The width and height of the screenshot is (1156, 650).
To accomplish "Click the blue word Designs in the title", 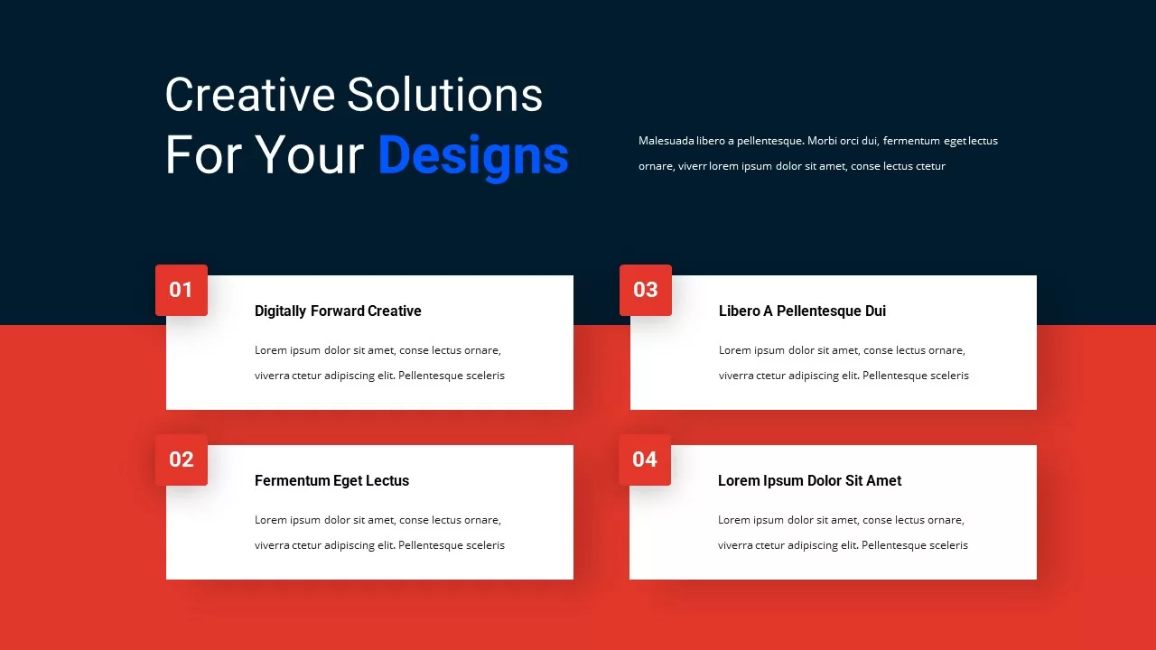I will click(472, 155).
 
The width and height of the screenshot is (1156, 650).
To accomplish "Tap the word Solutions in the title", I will click(444, 95).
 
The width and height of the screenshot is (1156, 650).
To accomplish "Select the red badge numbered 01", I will click(182, 290).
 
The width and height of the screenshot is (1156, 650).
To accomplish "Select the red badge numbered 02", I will click(182, 460).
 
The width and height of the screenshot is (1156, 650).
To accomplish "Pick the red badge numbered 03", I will click(645, 290).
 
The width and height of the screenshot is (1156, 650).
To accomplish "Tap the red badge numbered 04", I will click(645, 460).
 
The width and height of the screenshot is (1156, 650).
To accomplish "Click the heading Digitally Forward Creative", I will click(338, 311).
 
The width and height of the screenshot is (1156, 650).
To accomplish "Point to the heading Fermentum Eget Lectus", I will click(331, 481).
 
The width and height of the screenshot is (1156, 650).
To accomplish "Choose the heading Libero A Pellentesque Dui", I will click(802, 311).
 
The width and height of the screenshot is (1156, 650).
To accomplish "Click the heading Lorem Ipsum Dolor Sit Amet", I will click(809, 481).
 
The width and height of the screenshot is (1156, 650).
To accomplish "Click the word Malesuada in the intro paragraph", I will click(667, 141).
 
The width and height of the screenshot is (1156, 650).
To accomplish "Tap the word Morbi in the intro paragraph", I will click(823, 141).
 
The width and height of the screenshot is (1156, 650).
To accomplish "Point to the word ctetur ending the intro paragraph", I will click(930, 166).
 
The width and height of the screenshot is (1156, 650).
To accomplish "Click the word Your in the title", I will click(309, 155).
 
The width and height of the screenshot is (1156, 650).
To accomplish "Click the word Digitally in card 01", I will click(280, 311).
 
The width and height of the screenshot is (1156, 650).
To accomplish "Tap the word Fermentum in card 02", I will click(292, 481).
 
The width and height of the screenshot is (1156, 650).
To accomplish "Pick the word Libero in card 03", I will click(739, 311).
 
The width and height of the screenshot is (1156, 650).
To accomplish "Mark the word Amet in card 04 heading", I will click(883, 481).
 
